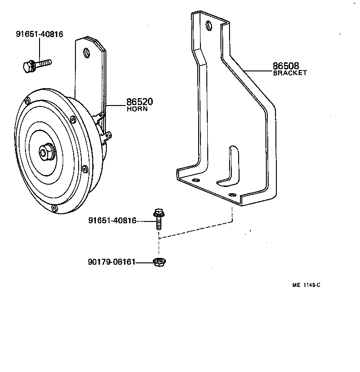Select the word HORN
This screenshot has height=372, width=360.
point(137,109)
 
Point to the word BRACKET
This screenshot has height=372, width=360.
point(290,73)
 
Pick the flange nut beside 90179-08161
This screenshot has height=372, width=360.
point(159,262)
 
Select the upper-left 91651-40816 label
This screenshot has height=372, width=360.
point(39,34)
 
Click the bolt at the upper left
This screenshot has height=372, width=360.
point(36,64)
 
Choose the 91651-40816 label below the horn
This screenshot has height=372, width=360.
point(112,221)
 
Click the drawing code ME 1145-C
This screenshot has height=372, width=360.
point(306,285)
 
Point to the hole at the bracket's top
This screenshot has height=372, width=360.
point(209,25)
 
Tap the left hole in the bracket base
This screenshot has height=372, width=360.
point(196,181)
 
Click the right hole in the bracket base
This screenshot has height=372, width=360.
point(233,195)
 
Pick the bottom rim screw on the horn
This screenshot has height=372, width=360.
point(54,208)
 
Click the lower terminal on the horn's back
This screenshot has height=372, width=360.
point(109,135)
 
